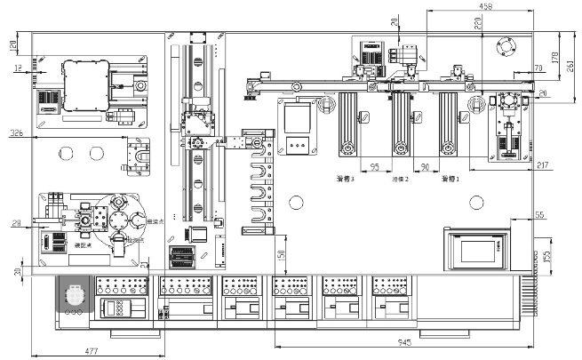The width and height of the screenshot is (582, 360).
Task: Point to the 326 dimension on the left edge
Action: [x=15, y=132]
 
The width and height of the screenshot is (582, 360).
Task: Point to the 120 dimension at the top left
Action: [x=12, y=44]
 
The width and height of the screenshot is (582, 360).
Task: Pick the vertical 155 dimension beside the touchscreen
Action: [x=547, y=256]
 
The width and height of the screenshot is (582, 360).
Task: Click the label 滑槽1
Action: [x=450, y=179]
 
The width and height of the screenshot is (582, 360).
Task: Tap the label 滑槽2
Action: [x=402, y=179]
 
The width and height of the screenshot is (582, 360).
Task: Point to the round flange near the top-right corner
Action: [x=507, y=44]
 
